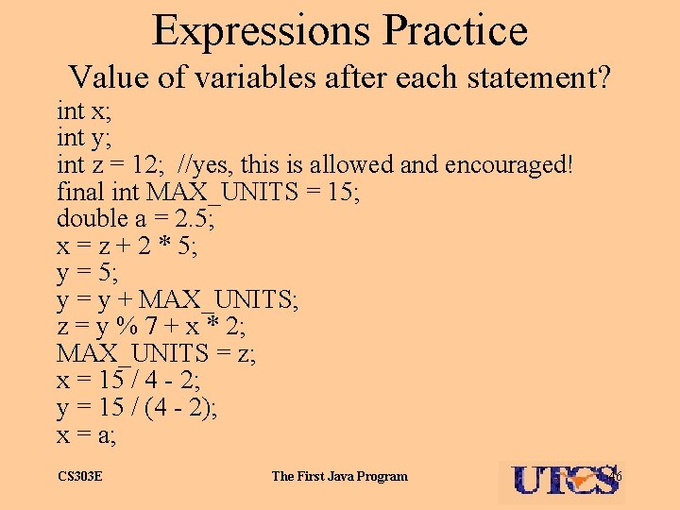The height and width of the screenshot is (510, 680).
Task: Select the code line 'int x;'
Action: point(83,111)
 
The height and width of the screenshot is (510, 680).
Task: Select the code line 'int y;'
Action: point(83,139)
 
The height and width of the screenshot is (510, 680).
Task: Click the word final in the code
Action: point(79,193)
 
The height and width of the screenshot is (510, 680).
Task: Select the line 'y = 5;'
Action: point(89,274)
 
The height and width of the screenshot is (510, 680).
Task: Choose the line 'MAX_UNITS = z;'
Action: point(156,355)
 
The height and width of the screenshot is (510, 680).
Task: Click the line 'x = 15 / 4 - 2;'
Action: point(127,382)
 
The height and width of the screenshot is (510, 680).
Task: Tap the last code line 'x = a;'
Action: point(90,435)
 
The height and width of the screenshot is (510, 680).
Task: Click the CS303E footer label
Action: point(80,476)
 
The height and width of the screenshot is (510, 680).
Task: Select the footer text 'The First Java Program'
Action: point(340,476)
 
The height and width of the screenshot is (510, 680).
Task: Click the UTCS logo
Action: point(563,480)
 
